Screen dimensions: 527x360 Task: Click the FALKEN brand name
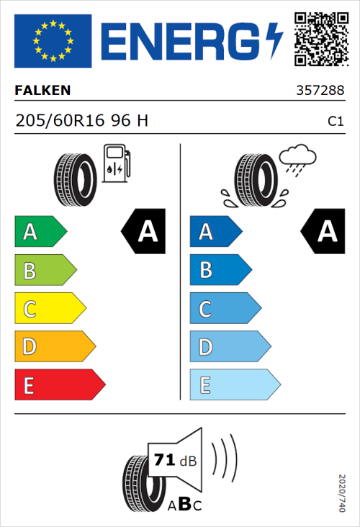(x=43, y=91)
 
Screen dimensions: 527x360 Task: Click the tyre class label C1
(x=336, y=122)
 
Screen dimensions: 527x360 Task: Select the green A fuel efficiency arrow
(x=40, y=232)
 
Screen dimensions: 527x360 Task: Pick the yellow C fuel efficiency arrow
(x=49, y=309)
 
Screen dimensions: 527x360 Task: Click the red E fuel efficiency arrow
(x=59, y=385)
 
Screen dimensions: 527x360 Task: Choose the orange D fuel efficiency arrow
(x=54, y=347)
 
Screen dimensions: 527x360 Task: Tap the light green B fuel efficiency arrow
(x=45, y=271)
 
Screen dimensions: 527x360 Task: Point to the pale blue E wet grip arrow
(x=234, y=385)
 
